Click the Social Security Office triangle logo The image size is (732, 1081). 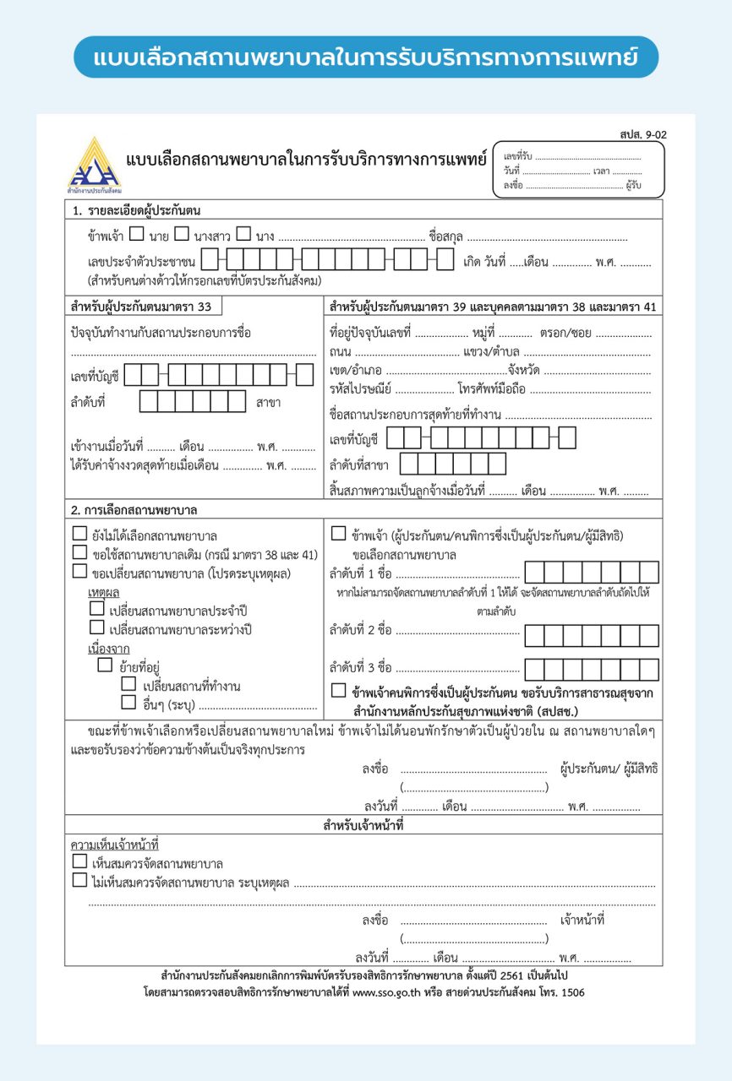pos(94,166)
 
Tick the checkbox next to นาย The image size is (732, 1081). pos(136,235)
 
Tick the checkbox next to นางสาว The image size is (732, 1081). pos(181,235)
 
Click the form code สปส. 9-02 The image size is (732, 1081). pos(642,134)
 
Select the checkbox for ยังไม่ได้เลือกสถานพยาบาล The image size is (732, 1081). pos(79,534)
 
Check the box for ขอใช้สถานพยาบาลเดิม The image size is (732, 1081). pos(79,552)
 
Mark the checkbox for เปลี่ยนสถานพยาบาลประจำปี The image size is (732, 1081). pos(97,608)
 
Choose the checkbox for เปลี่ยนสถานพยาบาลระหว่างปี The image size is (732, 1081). pos(97,627)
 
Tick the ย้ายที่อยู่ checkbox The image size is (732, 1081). pos(105,665)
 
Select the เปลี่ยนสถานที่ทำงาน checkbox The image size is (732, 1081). pos(128,684)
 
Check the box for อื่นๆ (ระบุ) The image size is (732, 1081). pos(128,702)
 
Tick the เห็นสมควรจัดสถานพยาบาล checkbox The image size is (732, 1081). pos(79,862)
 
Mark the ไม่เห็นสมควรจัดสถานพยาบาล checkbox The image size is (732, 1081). pos(79,881)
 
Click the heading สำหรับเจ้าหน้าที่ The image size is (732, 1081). pos(363,825)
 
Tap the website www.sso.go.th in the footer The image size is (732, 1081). pos(387,993)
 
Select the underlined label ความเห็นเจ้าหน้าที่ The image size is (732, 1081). pos(114,845)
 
